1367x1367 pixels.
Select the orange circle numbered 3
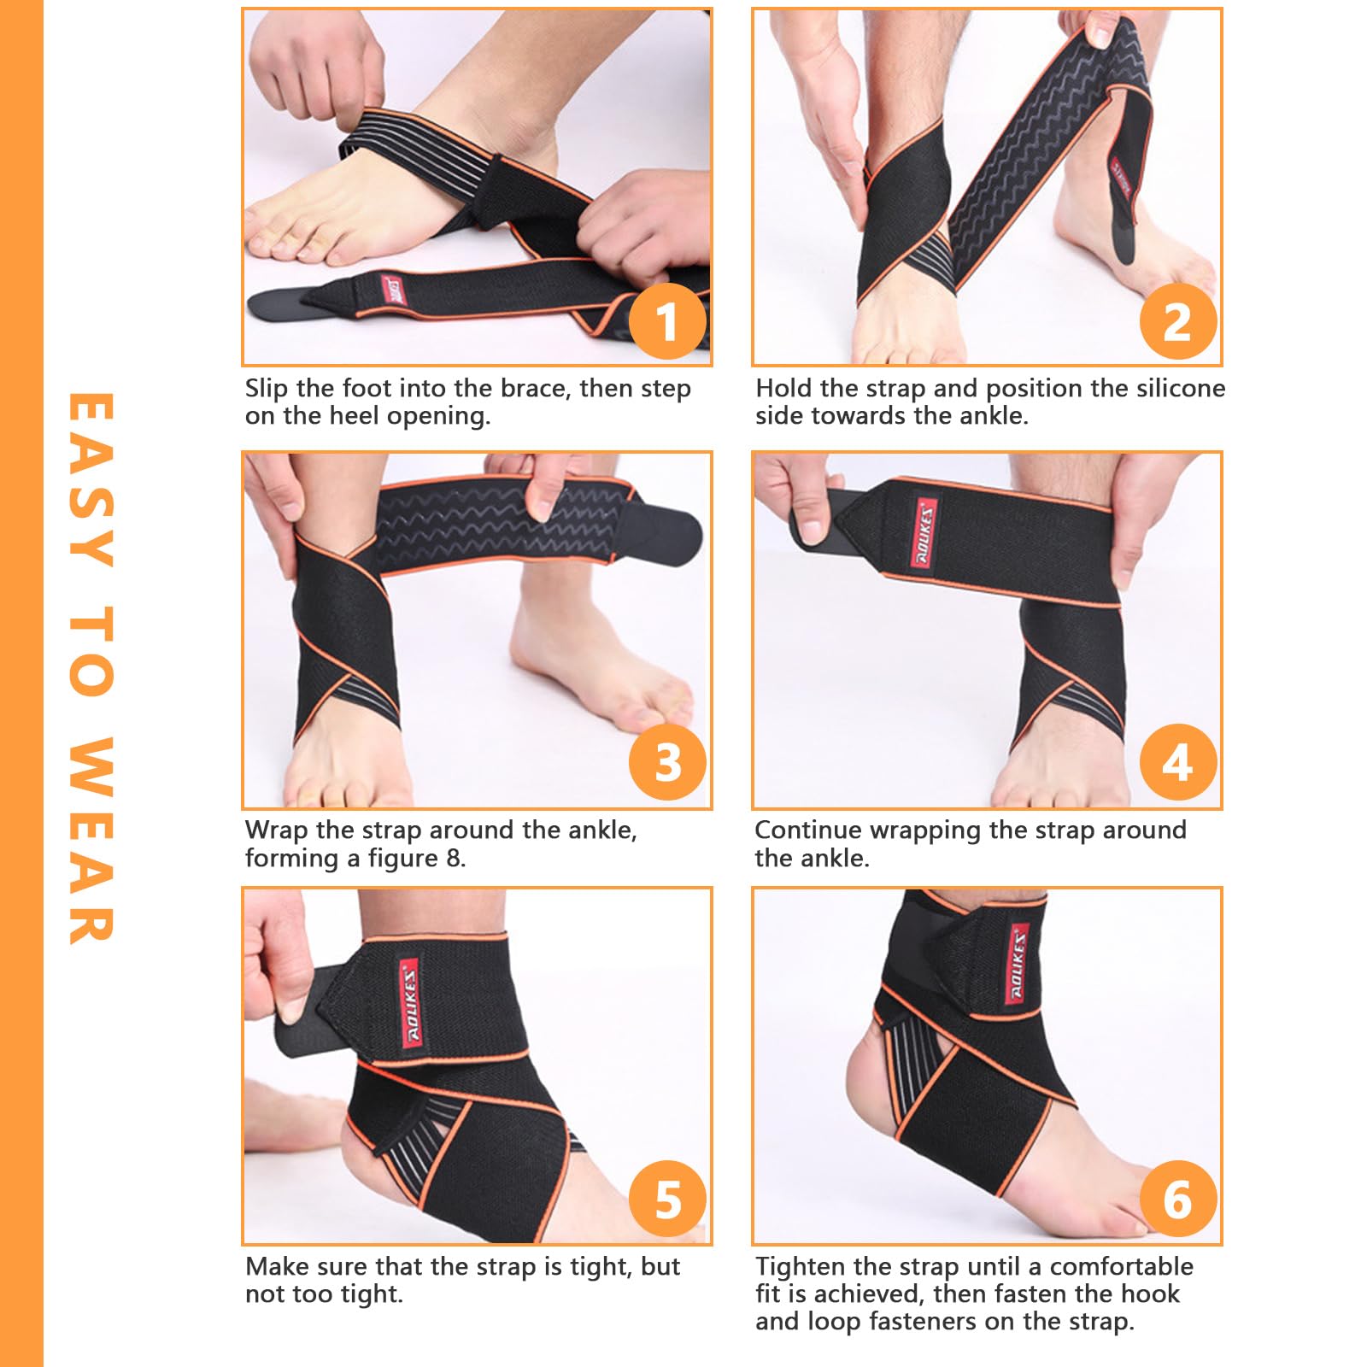(667, 762)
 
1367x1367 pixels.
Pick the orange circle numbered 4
(1177, 762)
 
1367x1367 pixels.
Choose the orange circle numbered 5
(667, 1200)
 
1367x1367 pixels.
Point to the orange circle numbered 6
(1177, 1200)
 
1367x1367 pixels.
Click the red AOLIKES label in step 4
(924, 534)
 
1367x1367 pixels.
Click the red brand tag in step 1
(394, 291)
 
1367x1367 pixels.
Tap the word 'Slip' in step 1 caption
(267, 389)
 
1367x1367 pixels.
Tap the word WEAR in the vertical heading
(91, 839)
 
